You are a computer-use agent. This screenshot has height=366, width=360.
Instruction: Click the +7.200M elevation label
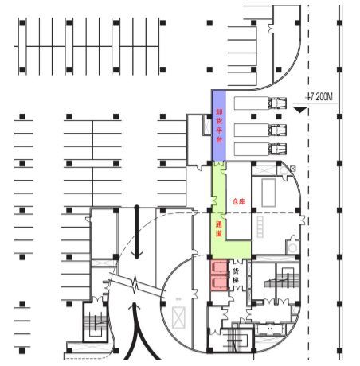[319, 97]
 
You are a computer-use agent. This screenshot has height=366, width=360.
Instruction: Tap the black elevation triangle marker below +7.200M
[300, 110]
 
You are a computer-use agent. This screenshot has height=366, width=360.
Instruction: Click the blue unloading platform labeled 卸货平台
[218, 126]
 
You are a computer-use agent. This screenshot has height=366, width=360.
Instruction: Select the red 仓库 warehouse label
[239, 201]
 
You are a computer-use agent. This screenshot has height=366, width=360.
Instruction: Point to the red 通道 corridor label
[218, 229]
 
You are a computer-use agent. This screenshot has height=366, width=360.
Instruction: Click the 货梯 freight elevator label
[236, 275]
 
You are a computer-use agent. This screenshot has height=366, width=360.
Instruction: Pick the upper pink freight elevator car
[219, 267]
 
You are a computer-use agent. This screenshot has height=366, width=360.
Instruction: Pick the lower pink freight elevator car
[219, 282]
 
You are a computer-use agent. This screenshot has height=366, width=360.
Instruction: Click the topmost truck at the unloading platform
[260, 103]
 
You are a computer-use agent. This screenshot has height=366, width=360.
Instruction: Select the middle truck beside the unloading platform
[260, 130]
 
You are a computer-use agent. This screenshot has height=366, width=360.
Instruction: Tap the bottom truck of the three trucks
[260, 150]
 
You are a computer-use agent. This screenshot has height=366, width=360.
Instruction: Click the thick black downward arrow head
[137, 254]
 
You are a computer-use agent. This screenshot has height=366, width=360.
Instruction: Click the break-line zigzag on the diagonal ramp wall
[135, 284]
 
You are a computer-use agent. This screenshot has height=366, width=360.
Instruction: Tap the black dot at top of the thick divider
[137, 207]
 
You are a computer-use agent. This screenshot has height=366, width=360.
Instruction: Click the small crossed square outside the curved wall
[293, 168]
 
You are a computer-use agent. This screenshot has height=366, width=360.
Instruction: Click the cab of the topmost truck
[277, 103]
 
